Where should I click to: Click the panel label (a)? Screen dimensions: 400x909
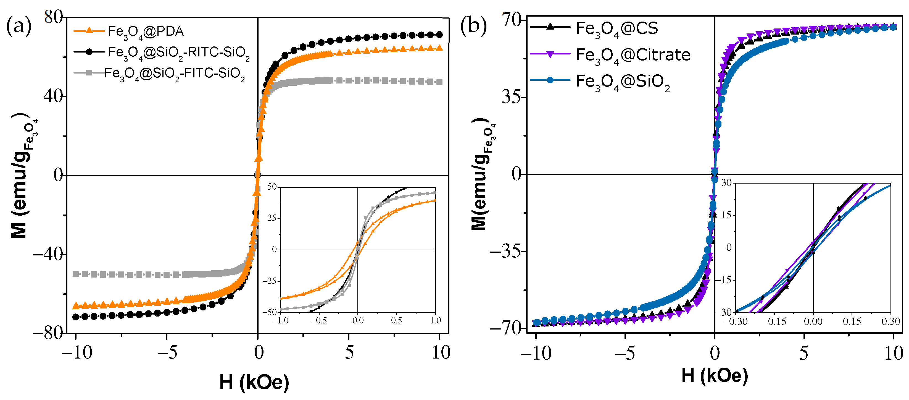coord(18,27)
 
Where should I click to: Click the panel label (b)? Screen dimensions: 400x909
coord(473,27)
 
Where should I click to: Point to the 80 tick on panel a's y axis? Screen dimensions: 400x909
coord(53,17)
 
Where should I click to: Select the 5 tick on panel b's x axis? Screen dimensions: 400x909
coord(803,353)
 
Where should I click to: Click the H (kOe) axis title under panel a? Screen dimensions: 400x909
coord(254,382)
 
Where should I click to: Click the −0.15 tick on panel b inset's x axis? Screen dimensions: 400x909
coord(774,321)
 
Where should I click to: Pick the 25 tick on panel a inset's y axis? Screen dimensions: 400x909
coord(272,218)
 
